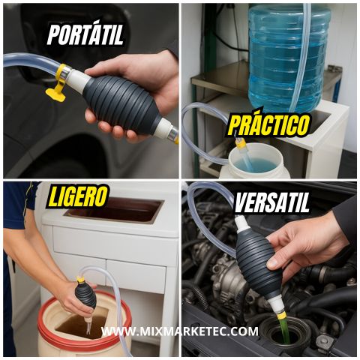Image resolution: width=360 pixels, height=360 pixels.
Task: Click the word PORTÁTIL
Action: [85, 34]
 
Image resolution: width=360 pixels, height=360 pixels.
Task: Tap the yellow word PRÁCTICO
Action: [269, 125]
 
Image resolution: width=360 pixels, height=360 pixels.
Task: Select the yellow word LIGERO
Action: [77, 197]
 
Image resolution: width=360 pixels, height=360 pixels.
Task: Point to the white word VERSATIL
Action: [272, 202]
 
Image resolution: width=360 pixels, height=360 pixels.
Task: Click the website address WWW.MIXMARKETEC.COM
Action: [180, 331]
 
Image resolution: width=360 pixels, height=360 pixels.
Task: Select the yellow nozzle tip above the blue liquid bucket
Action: [241, 144]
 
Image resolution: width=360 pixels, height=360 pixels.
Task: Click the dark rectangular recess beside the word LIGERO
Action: [114, 209]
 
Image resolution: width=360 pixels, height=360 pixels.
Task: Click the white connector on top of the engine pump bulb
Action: [241, 223]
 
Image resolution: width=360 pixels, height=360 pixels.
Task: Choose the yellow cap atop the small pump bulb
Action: [80, 279]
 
